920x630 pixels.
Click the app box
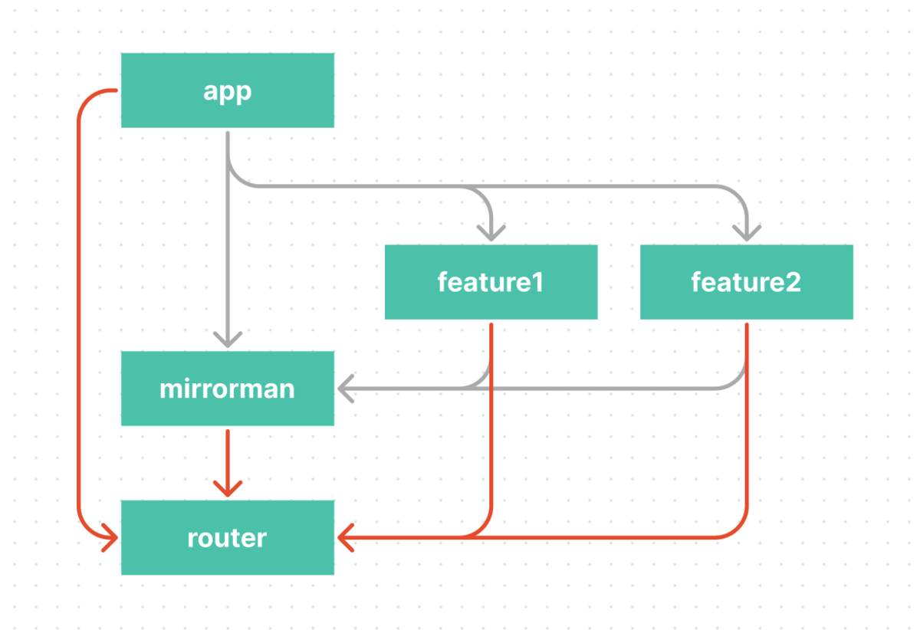pos(228,90)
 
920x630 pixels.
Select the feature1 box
pos(491,282)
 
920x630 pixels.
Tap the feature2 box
pos(747,282)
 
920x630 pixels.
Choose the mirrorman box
pos(228,389)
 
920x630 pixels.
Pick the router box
pos(228,537)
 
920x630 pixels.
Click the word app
pos(228,92)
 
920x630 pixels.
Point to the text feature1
pos(491,282)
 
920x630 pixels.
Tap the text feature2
pos(746,282)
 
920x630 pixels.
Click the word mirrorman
pos(227,389)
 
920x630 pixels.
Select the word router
pos(227,538)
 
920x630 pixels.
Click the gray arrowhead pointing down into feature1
pos(491,233)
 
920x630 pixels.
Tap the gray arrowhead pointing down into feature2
pos(747,233)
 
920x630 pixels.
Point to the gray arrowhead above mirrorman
pos(228,340)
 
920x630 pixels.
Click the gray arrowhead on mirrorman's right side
pos(346,389)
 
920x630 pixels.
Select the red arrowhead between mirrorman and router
pos(228,489)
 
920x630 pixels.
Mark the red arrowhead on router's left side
pos(110,537)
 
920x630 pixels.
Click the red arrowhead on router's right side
pos(346,537)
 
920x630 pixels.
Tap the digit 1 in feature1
pos(538,282)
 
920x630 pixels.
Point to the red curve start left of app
pos(116,90)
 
